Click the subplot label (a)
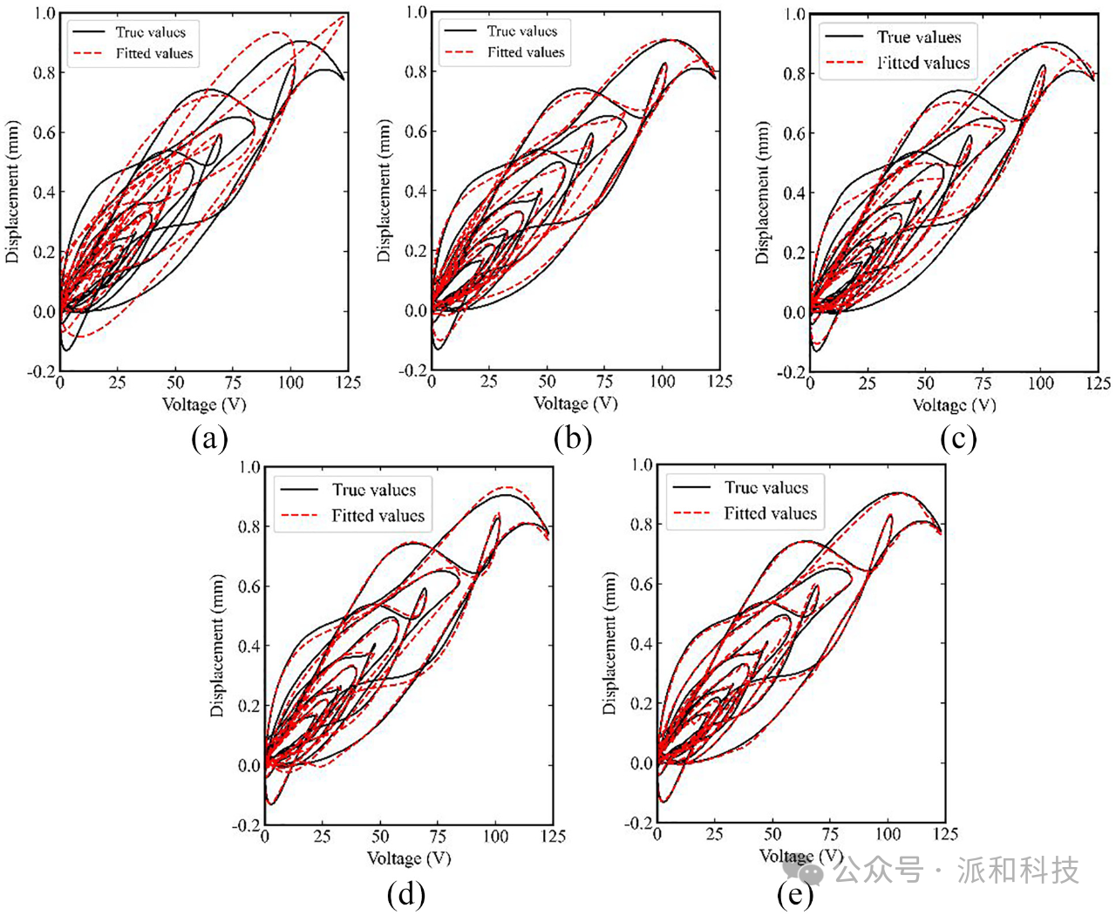coord(209,438)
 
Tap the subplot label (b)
coord(573,438)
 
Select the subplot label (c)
coord(958,438)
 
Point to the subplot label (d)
coord(405,894)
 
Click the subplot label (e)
coord(795,894)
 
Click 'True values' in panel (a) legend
coord(150,32)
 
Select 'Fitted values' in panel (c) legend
coord(922,63)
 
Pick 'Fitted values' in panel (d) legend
coord(378,516)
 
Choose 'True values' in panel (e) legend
coord(766,488)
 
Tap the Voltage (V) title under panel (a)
coord(204,404)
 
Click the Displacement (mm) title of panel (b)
coord(384,192)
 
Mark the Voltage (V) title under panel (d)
coord(409,858)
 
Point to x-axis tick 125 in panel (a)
coord(348,383)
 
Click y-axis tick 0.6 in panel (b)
coord(416,132)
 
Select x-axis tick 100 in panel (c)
coord(1040,383)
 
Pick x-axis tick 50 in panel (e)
coord(772,834)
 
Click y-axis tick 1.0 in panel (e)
coord(641,464)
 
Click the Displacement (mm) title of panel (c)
coord(763,193)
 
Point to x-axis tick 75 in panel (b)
coord(604,382)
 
